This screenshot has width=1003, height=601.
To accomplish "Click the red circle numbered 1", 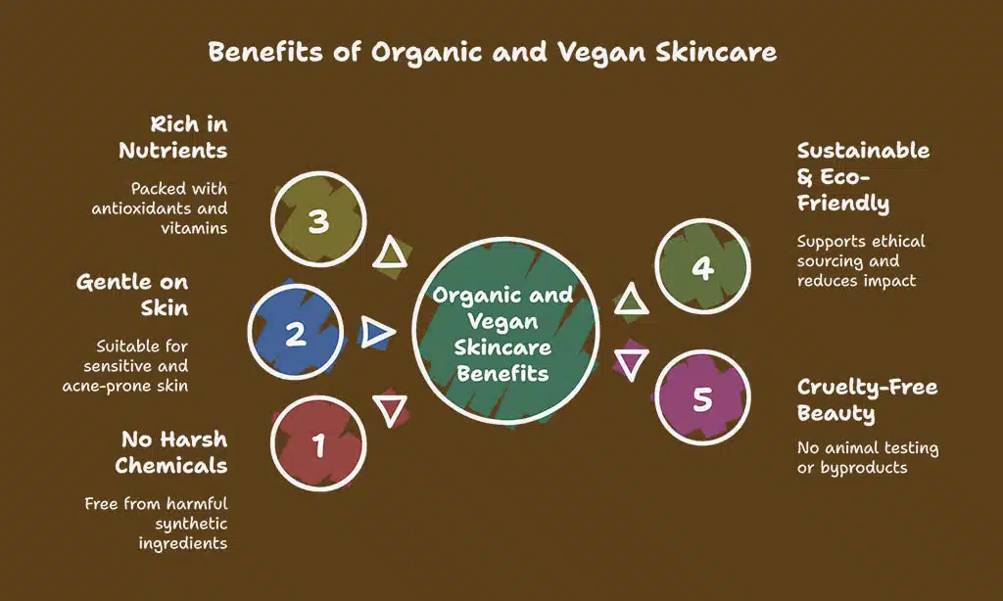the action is click(x=318, y=443).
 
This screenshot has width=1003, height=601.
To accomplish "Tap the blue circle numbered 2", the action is click(x=296, y=332).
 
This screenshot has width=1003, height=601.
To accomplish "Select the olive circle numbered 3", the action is click(x=318, y=219).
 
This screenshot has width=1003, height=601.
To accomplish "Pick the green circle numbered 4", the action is click(x=702, y=266).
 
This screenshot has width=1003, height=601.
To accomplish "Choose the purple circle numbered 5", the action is click(x=702, y=397).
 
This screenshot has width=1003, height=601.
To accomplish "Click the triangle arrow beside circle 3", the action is click(x=390, y=253).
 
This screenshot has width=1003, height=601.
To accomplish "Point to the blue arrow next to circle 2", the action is click(x=377, y=332).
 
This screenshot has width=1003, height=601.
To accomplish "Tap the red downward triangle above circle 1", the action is click(x=390, y=410).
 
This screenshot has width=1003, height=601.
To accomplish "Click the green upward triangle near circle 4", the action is click(x=632, y=300).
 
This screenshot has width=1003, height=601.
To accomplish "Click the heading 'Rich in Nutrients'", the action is click(x=172, y=137).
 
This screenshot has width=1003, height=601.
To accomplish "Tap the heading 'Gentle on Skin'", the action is click(x=132, y=295).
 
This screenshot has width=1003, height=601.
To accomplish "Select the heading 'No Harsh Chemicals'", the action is click(x=171, y=452).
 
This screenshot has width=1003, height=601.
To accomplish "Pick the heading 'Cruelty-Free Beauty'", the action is click(x=868, y=399).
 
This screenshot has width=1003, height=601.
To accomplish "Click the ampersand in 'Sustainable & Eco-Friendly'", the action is click(x=805, y=177).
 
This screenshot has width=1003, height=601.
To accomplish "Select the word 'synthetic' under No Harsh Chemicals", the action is click(x=191, y=525).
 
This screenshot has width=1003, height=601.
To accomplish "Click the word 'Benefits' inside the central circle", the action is click(x=502, y=373).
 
